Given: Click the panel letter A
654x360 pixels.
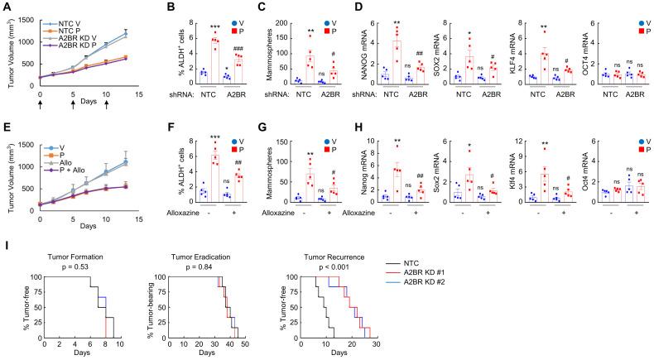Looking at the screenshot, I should (x=6, y=7).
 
